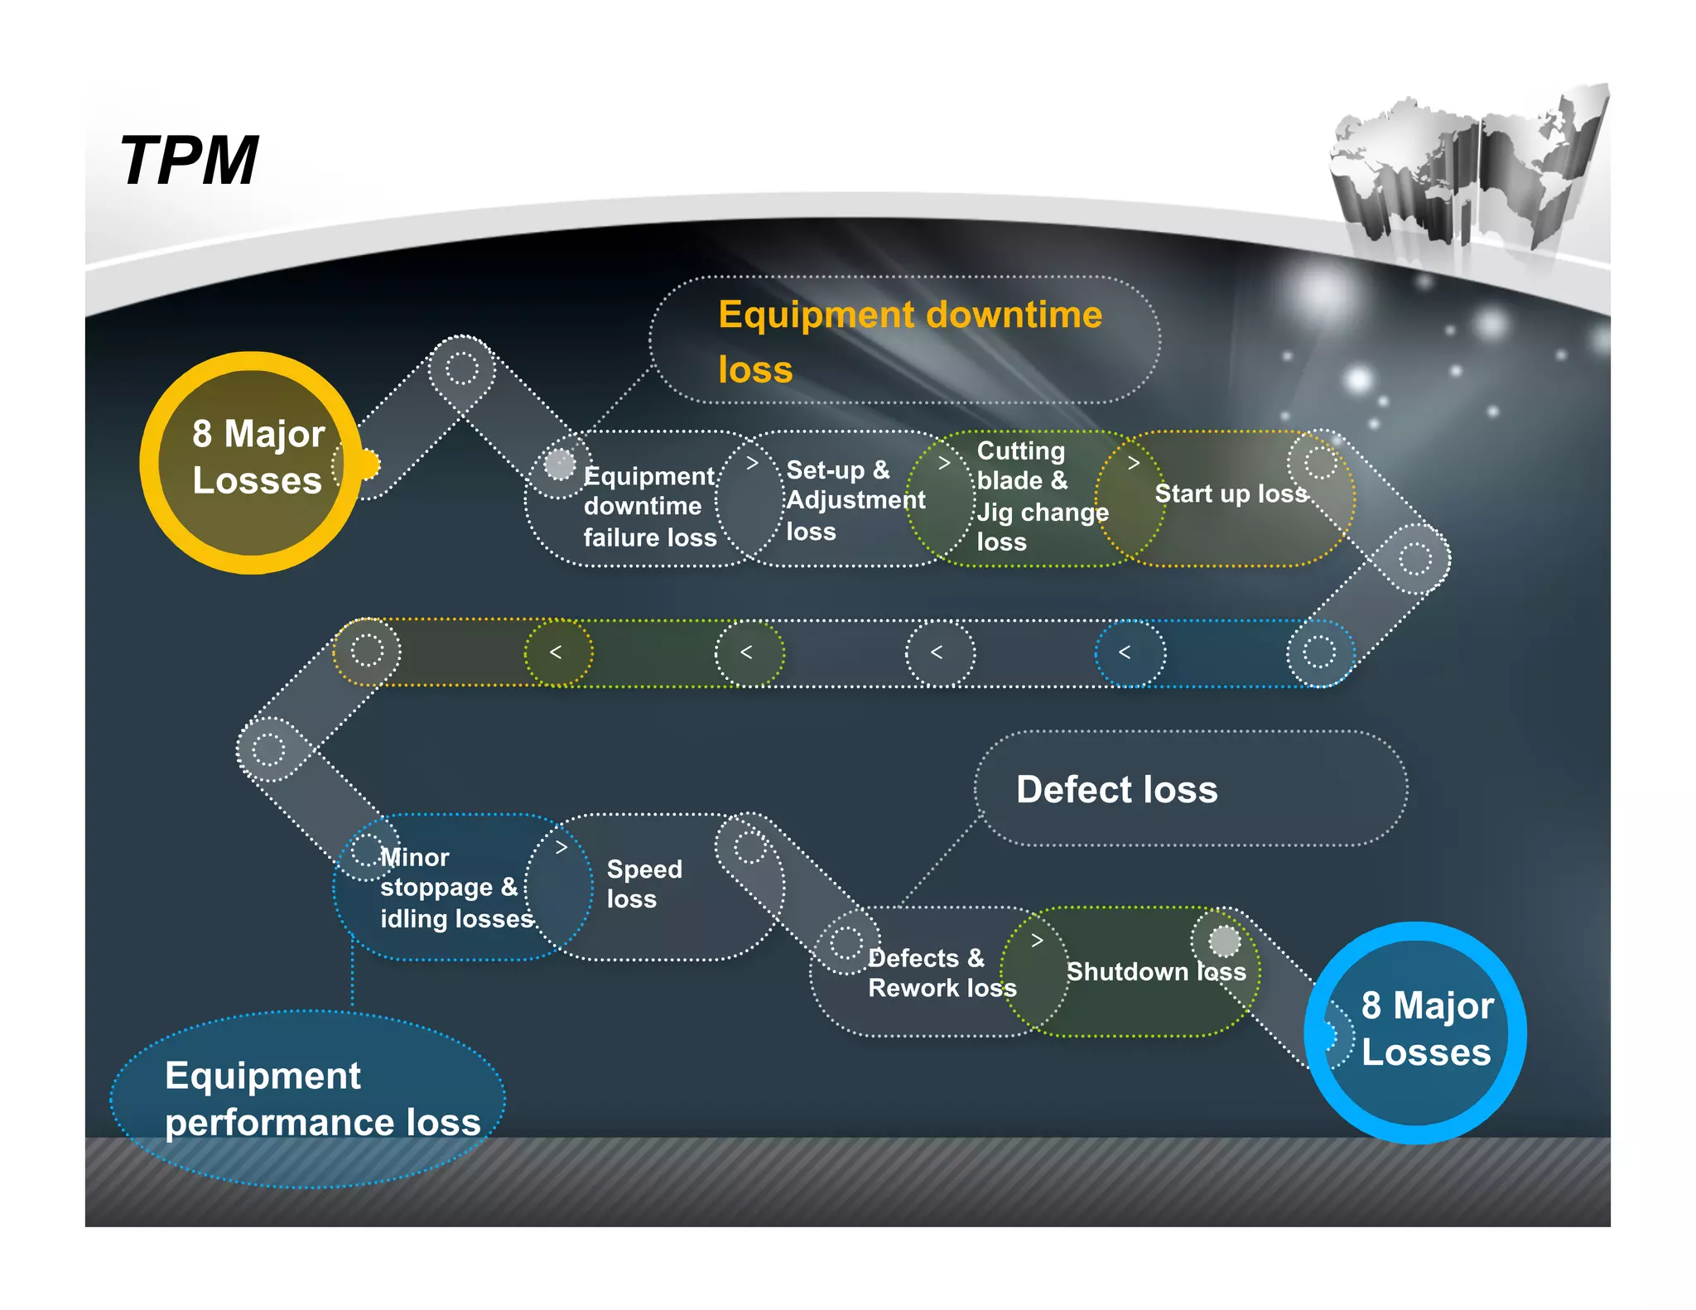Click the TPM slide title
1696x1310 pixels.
pyautogui.click(x=189, y=161)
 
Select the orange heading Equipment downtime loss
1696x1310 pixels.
pyautogui.click(x=909, y=341)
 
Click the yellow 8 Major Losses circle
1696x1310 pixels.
pyautogui.click(x=253, y=462)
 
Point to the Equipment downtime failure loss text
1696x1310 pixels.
pyautogui.click(x=649, y=506)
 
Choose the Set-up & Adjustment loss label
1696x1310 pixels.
pyautogui.click(x=855, y=500)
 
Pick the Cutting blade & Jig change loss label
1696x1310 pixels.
pyautogui.click(x=1041, y=496)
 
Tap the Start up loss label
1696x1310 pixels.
pyautogui.click(x=1231, y=494)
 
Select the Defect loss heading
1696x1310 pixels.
pyautogui.click(x=1116, y=789)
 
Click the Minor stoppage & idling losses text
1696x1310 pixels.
pyautogui.click(x=455, y=888)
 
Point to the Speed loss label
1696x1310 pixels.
pyautogui.click(x=643, y=884)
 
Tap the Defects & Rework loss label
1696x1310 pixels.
pyautogui.click(x=941, y=973)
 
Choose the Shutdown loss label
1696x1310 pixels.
pyautogui.click(x=1155, y=971)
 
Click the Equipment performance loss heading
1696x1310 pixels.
pyautogui.click(x=321, y=1099)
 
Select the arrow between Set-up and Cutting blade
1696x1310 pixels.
pyautogui.click(x=943, y=464)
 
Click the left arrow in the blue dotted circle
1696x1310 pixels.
pyautogui.click(x=1125, y=653)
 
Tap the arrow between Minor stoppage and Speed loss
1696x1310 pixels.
pyautogui.click(x=561, y=847)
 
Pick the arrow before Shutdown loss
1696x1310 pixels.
pyautogui.click(x=1037, y=941)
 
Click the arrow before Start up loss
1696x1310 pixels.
pyautogui.click(x=1134, y=464)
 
